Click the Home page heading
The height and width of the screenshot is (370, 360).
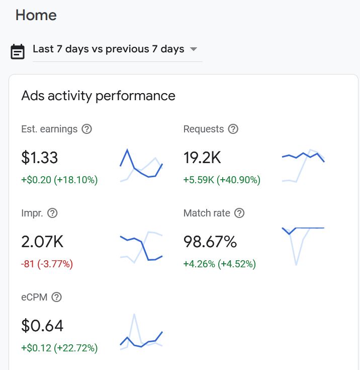pos(36,15)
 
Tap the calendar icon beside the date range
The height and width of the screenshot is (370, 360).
pos(18,51)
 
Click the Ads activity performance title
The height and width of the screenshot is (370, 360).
pos(98,96)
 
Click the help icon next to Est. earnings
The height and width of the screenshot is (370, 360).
pos(87,129)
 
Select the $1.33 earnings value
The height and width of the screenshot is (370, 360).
pos(40,158)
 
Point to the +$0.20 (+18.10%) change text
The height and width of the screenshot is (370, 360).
pos(59,180)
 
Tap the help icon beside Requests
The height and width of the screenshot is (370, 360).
pos(233,129)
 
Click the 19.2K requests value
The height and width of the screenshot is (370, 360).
pos(202,158)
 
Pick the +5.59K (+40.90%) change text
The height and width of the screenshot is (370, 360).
pos(222,180)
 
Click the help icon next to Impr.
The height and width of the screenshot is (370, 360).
pos(52,213)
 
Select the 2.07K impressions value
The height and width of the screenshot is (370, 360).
pos(42,242)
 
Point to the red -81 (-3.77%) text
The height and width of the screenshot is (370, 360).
pos(47,264)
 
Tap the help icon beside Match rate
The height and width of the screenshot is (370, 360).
pos(239,213)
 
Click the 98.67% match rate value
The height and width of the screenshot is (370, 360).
pos(210,242)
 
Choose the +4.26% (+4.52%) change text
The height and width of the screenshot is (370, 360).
pos(219,264)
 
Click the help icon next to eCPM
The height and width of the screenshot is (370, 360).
pos(57,297)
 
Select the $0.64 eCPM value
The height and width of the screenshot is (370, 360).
pos(42,326)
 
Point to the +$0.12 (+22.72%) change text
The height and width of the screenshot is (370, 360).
pos(59,348)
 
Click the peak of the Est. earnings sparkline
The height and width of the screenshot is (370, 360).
pos(127,150)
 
